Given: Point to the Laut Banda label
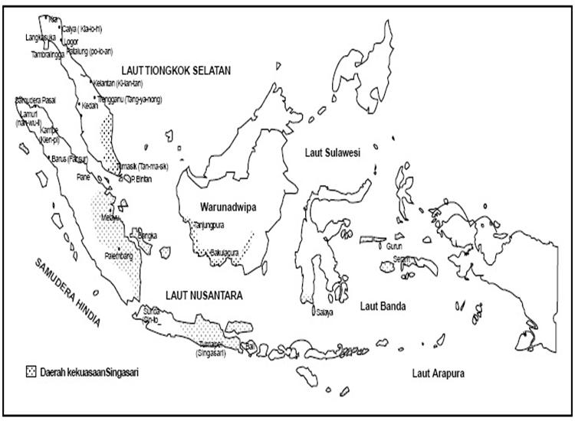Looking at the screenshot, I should point(383,306).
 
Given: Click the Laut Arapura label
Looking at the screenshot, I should point(438,374).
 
